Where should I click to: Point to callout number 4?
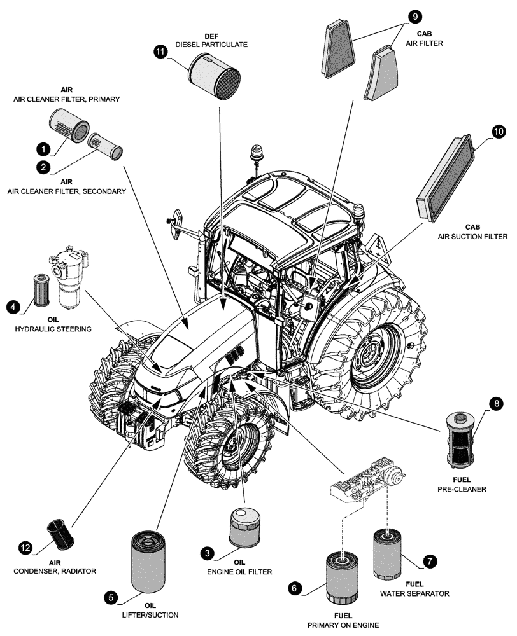tap(13, 307)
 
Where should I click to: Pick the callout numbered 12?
tap(25, 547)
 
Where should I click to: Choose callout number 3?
tap(207, 553)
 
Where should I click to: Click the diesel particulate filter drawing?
tap(212, 75)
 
